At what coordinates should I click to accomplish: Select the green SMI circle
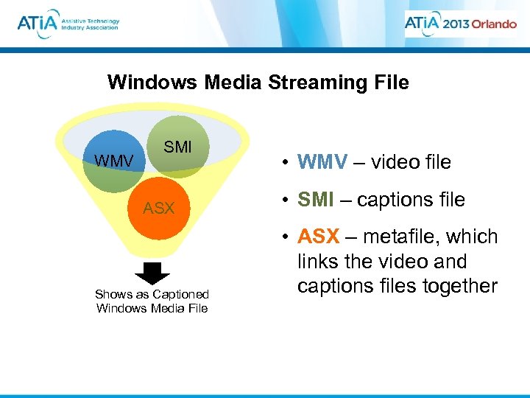pyautogui.click(x=179, y=146)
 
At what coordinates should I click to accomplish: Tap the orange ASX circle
pyautogui.click(x=159, y=208)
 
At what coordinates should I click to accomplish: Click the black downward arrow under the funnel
pyautogui.click(x=153, y=273)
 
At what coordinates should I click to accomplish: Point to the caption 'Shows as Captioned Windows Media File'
pyautogui.click(x=152, y=301)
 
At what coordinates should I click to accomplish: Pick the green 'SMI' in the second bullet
pyautogui.click(x=314, y=199)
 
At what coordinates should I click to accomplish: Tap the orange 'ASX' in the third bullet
pyautogui.click(x=318, y=237)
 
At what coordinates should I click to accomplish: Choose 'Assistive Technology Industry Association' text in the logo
pyautogui.click(x=90, y=24)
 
